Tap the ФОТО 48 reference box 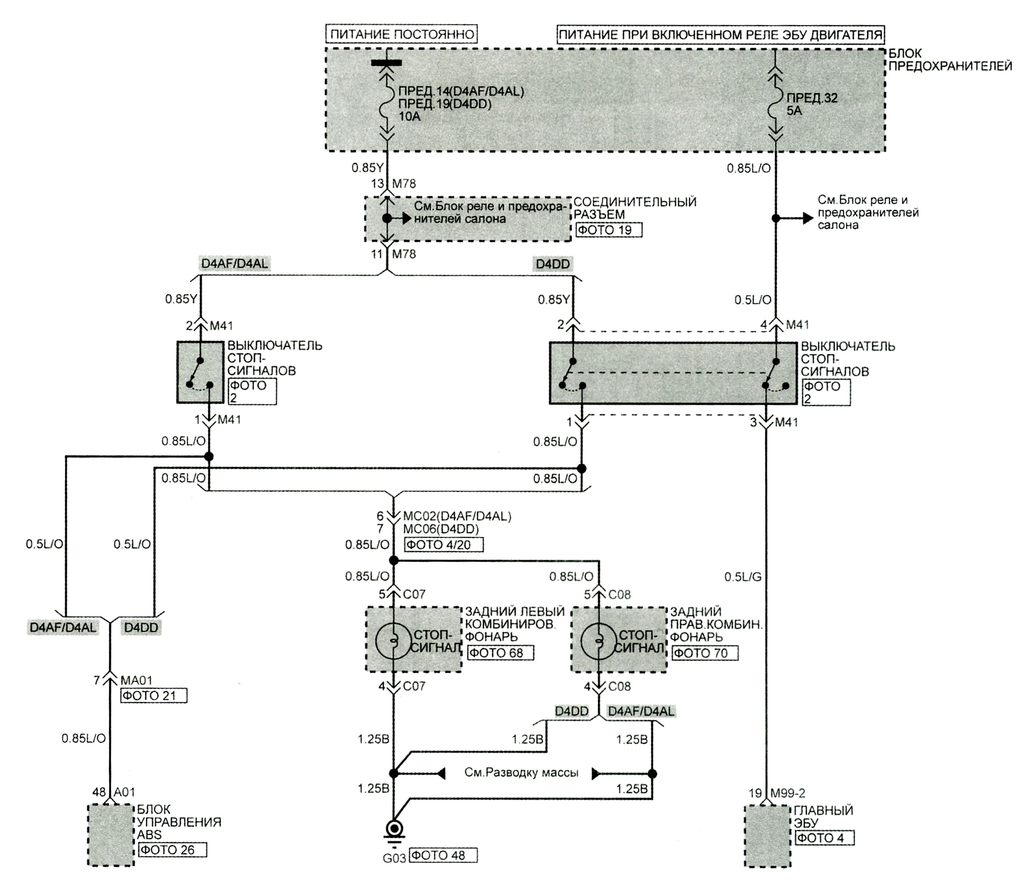click(443, 855)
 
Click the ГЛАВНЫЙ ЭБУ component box click(767, 836)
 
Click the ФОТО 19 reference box click(609, 230)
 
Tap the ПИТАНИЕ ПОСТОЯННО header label click(402, 34)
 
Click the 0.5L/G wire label click(742, 577)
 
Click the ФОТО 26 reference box click(172, 850)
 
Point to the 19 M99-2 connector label click(777, 793)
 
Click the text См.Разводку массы click(521, 772)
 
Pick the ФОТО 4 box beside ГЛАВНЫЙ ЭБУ click(825, 838)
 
